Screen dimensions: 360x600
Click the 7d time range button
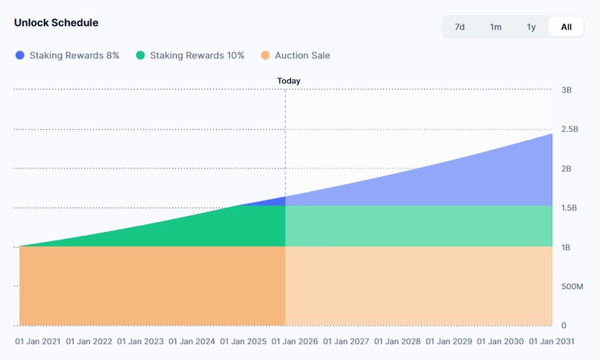(460, 27)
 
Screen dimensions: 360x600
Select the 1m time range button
(496, 27)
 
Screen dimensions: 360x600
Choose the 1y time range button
(531, 27)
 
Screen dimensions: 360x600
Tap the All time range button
(566, 27)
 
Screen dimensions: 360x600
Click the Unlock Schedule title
(56, 23)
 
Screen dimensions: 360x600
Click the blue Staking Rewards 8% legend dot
(20, 56)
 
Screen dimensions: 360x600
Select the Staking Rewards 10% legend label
(197, 56)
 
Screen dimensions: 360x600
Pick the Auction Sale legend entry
(302, 56)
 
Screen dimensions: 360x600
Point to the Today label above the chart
(289, 81)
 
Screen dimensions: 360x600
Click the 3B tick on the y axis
(566, 90)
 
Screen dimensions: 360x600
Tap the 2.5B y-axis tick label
(569, 129)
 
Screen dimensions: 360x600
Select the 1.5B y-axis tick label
(569, 208)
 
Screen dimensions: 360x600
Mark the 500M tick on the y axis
(572, 287)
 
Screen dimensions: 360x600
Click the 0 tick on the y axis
(564, 326)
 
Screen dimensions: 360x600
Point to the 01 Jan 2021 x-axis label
(38, 341)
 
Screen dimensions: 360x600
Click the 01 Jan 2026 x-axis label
(295, 341)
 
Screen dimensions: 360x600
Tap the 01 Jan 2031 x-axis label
(551, 341)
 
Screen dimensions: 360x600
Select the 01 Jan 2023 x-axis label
(140, 341)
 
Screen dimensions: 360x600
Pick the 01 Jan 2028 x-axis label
(397, 341)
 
